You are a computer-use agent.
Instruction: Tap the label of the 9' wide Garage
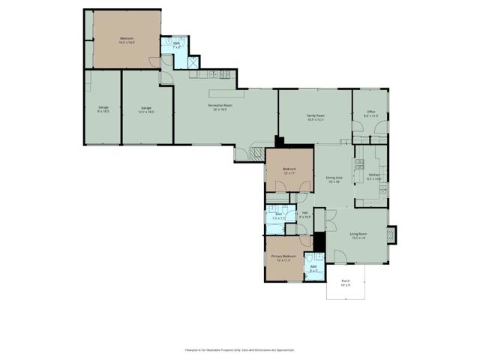(x=103, y=109)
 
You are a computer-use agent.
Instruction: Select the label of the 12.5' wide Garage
(x=145, y=109)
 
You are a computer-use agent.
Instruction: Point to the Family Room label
(x=315, y=117)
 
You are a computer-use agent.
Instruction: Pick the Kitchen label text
(x=374, y=177)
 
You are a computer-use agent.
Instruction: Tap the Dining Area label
(x=334, y=179)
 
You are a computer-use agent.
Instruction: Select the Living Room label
(x=358, y=236)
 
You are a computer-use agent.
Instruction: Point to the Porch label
(x=346, y=283)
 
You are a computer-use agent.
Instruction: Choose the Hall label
(x=305, y=214)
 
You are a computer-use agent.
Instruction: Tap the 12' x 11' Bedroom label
(x=289, y=171)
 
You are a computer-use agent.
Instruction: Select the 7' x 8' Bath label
(x=177, y=45)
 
